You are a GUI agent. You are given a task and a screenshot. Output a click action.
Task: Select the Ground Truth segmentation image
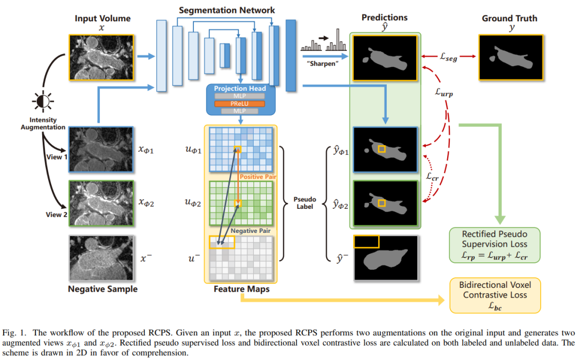(511, 57)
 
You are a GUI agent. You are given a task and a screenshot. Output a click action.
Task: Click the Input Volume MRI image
(101, 57)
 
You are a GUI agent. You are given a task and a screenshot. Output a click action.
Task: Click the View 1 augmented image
(100, 150)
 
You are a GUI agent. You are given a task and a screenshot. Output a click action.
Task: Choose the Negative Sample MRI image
(100, 259)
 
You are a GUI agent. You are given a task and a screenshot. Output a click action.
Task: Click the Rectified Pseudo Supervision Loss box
(494, 246)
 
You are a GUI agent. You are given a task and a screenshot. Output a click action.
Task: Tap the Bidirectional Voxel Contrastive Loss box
(494, 295)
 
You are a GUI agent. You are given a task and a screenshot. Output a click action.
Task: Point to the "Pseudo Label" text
(305, 204)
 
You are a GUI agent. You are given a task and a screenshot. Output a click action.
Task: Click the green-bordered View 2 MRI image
(100, 205)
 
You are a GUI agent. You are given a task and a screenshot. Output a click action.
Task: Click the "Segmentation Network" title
(227, 10)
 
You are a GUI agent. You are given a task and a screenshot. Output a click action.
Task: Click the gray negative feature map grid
(241, 259)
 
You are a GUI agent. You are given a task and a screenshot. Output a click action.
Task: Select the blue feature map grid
(241, 150)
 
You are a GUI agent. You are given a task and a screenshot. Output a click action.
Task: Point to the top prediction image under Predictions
(385, 57)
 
